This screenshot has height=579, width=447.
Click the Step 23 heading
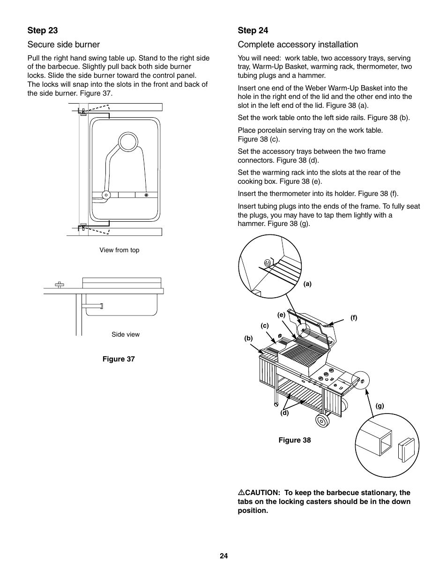[43, 30]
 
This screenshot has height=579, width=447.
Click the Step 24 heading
[253, 30]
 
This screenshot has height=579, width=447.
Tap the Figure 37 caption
[119, 359]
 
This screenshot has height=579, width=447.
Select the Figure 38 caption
[295, 440]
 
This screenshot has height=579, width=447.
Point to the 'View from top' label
[119, 250]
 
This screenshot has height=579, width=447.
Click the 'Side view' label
[125, 334]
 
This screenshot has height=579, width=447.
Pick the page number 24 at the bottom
[223, 556]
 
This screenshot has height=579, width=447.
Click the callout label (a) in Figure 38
[307, 284]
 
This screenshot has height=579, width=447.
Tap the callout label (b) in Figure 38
[248, 338]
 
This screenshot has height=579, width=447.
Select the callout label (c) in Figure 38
[265, 325]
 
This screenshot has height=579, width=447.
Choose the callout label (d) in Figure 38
[284, 413]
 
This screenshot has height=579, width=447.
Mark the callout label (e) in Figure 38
[281, 315]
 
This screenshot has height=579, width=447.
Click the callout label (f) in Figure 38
[354, 317]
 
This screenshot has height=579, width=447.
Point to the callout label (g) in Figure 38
[380, 406]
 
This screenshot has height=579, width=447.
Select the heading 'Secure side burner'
[64, 45]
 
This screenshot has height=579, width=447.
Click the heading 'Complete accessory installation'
[298, 45]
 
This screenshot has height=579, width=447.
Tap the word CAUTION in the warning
[262, 493]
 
